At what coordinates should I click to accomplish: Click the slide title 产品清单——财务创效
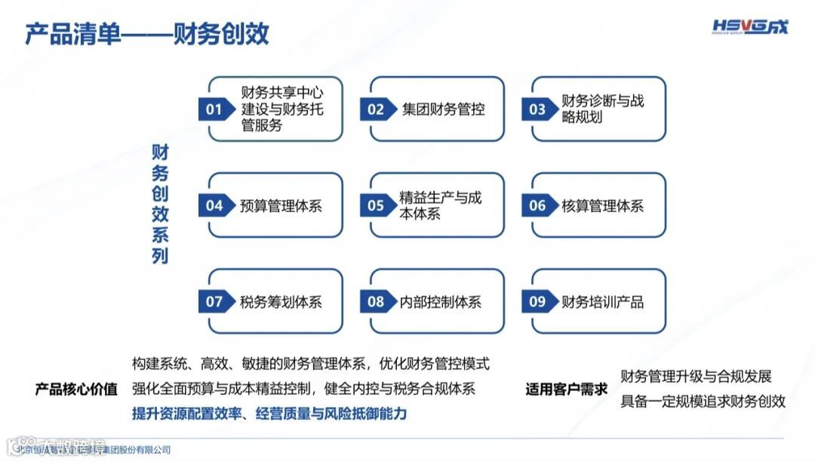pyautogui.click(x=146, y=34)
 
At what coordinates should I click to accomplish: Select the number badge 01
pyautogui.click(x=215, y=109)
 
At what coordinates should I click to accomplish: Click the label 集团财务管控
pyautogui.click(x=443, y=109)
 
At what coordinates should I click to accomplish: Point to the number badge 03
pyautogui.click(x=537, y=109)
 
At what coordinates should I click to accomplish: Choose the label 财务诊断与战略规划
pyautogui.click(x=602, y=109)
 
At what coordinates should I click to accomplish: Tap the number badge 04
pyautogui.click(x=215, y=205)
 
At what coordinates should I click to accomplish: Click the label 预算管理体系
pyautogui.click(x=281, y=205)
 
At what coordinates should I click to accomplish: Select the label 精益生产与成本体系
pyautogui.click(x=440, y=205)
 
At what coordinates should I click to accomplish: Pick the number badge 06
pyautogui.click(x=537, y=205)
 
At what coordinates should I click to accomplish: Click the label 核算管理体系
pyautogui.click(x=602, y=205)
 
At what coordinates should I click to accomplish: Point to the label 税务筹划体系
pyautogui.click(x=281, y=302)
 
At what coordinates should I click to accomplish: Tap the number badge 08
pyautogui.click(x=376, y=302)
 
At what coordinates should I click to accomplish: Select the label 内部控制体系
pyautogui.click(x=440, y=302)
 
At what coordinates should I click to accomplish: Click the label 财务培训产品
pyautogui.click(x=602, y=302)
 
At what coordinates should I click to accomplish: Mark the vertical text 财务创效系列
pyautogui.click(x=160, y=204)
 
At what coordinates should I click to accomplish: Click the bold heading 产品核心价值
pyautogui.click(x=76, y=390)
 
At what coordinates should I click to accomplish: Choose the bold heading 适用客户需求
pyautogui.click(x=567, y=390)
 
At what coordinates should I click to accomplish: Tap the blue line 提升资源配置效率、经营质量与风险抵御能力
pyautogui.click(x=269, y=414)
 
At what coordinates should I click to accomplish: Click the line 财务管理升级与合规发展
pyautogui.click(x=696, y=377)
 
